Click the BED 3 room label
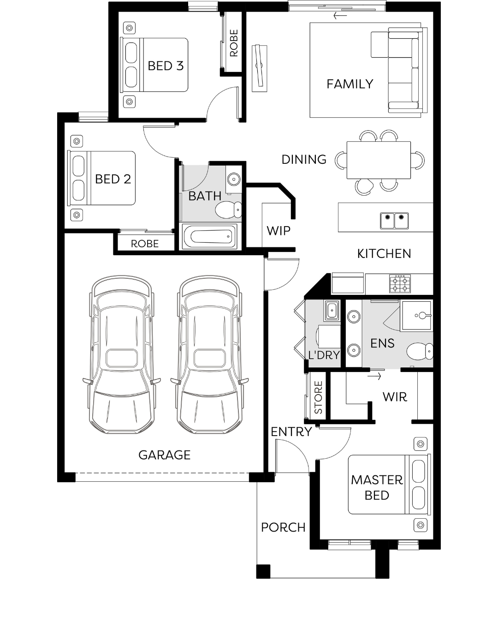166,66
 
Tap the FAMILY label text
350,84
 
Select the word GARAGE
164,455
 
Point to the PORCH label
283,527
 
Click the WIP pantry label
279,231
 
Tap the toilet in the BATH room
228,210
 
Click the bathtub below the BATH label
210,237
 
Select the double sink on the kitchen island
394,221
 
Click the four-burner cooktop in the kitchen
400,283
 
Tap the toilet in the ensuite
420,352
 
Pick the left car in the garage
121,354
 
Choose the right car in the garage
209,354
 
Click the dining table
379,160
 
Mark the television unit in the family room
260,68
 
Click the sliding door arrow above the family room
340,16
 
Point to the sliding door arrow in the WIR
374,377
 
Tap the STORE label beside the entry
318,397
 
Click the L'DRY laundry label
324,354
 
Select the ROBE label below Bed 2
145,244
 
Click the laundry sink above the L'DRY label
332,311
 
